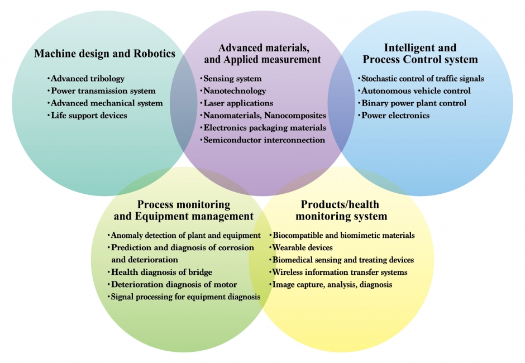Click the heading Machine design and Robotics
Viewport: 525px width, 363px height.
[x=104, y=54]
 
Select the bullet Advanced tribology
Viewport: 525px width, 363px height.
[x=87, y=79]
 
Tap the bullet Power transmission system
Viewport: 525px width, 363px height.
[x=103, y=91]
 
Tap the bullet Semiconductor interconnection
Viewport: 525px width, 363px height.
[x=264, y=140]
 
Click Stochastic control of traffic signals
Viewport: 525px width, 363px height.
[x=422, y=79]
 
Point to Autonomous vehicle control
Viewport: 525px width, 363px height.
[x=416, y=91]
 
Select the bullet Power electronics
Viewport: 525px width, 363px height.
[x=395, y=116]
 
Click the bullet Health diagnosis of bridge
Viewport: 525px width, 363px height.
[x=161, y=273]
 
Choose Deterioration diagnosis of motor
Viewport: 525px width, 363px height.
[x=174, y=285]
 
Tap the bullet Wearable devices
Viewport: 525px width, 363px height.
[x=302, y=247]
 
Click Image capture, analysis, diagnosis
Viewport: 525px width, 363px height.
[x=332, y=285]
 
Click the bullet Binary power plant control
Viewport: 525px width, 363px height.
[x=413, y=103]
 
